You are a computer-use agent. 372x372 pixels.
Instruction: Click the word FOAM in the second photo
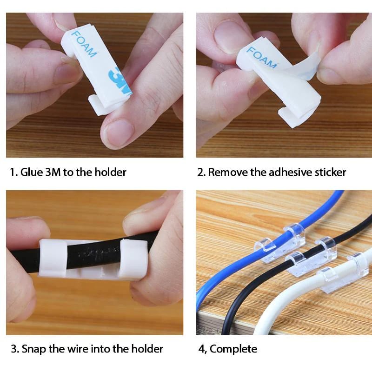(261, 57)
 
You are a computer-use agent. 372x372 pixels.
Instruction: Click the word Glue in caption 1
(32, 172)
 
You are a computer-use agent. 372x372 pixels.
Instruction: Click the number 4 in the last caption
(201, 349)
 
